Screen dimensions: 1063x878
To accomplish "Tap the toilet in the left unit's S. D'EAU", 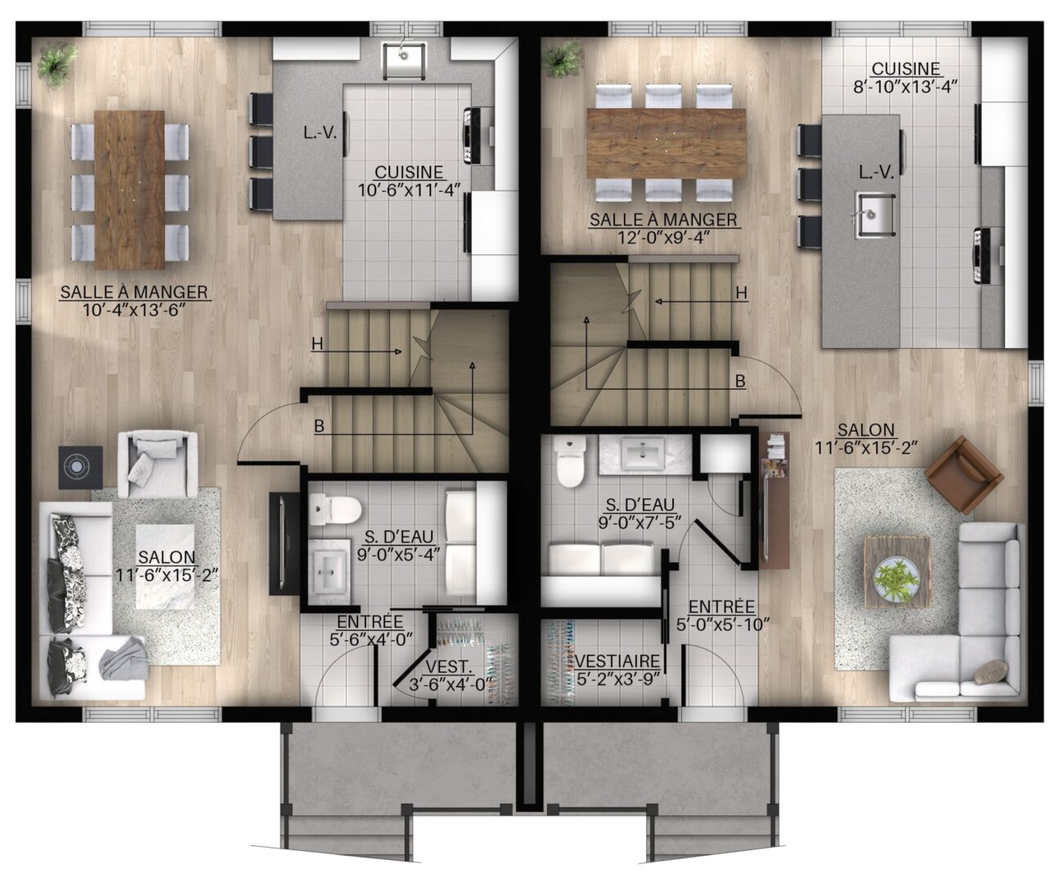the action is [x=335, y=509].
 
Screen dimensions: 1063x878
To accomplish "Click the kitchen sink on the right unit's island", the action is [x=875, y=214].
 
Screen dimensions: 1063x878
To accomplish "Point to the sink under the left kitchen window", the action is [x=404, y=61].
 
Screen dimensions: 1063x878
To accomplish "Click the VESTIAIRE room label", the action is [x=617, y=661].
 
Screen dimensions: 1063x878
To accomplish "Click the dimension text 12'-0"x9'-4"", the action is [x=663, y=237].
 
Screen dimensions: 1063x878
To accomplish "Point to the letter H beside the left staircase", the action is [x=317, y=345].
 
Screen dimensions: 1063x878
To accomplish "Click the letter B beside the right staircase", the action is [x=740, y=381].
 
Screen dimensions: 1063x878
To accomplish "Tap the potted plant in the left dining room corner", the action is [x=57, y=64].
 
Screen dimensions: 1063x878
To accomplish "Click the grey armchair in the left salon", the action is [x=158, y=464].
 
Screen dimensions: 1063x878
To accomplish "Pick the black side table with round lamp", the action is [x=80, y=468].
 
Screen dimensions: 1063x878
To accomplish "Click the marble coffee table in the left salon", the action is [x=165, y=567].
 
